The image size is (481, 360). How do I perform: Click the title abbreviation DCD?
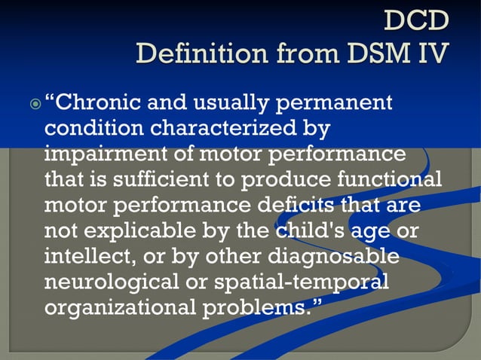417,20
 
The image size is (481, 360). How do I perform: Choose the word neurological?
112,283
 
